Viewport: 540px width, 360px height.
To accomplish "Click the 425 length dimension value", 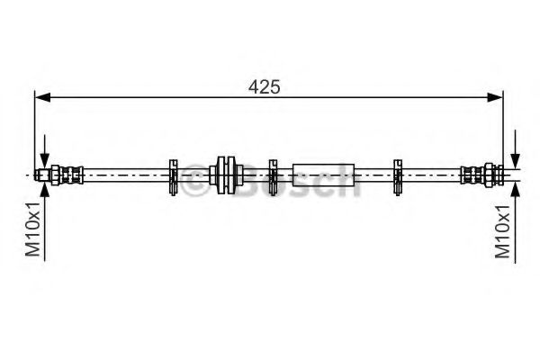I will click(x=265, y=86).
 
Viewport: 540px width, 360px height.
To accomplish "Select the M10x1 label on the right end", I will click(x=505, y=230).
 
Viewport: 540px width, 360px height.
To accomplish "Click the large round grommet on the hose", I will click(x=225, y=174).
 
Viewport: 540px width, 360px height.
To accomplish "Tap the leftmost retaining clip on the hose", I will click(x=173, y=175).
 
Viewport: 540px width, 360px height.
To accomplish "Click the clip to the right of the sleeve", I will click(x=397, y=175).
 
